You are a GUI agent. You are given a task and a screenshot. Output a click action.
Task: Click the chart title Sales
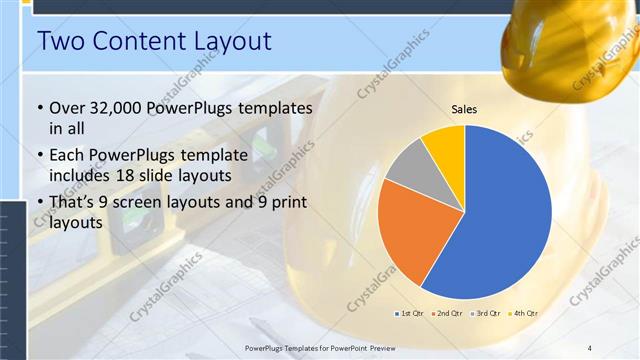tap(465, 109)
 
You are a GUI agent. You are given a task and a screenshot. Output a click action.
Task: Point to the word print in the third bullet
tap(287, 204)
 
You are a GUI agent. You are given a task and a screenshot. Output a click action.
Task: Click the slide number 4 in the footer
tap(590, 347)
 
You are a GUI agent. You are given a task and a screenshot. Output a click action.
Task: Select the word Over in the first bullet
tap(66, 108)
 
